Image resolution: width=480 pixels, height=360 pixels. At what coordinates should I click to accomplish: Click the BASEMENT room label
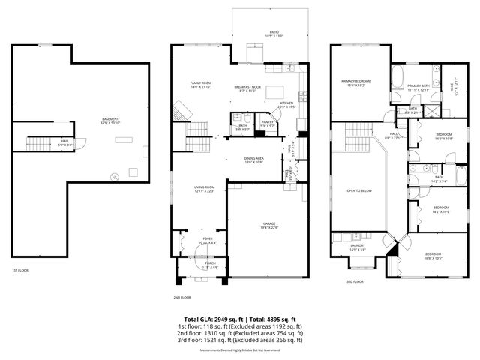click(111, 121)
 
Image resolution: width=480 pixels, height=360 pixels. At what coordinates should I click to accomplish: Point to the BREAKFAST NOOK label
click(247, 88)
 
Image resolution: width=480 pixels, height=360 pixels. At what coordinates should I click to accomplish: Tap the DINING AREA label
click(254, 160)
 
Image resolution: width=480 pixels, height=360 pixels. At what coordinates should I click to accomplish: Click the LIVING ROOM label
click(199, 189)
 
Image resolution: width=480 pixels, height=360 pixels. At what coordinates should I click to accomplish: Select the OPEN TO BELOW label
click(356, 191)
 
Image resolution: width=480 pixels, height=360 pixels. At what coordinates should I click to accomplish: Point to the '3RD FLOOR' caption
click(355, 281)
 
